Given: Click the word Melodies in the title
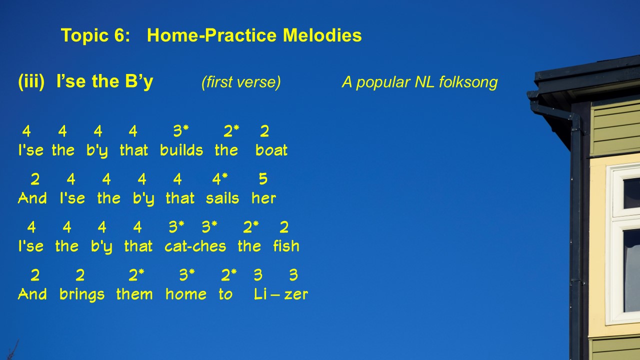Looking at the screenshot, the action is click(x=322, y=35).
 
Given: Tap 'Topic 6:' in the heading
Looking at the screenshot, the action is click(x=95, y=35).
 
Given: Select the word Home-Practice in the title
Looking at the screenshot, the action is click(x=211, y=35).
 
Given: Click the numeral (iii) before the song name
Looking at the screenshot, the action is click(x=31, y=81).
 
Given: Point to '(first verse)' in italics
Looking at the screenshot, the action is click(x=241, y=82).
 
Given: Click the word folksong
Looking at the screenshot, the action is click(x=468, y=82).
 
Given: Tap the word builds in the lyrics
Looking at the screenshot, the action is click(x=181, y=150).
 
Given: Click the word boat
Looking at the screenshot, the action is click(x=271, y=150).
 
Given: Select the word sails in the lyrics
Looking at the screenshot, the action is click(x=222, y=198).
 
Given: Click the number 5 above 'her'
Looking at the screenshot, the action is click(x=263, y=179).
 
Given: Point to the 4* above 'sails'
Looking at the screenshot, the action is click(x=219, y=179).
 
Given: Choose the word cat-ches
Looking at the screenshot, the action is click(x=195, y=246).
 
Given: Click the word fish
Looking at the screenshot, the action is click(x=286, y=245).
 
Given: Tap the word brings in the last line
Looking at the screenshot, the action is click(x=82, y=294).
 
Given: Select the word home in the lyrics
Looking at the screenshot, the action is click(x=186, y=294).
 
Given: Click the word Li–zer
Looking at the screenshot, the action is click(x=281, y=294).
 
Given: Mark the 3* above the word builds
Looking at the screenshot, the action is click(x=181, y=131).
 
